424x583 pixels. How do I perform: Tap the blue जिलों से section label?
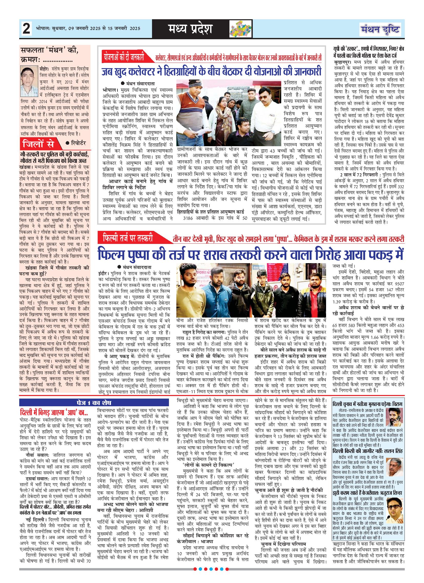(41, 143)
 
